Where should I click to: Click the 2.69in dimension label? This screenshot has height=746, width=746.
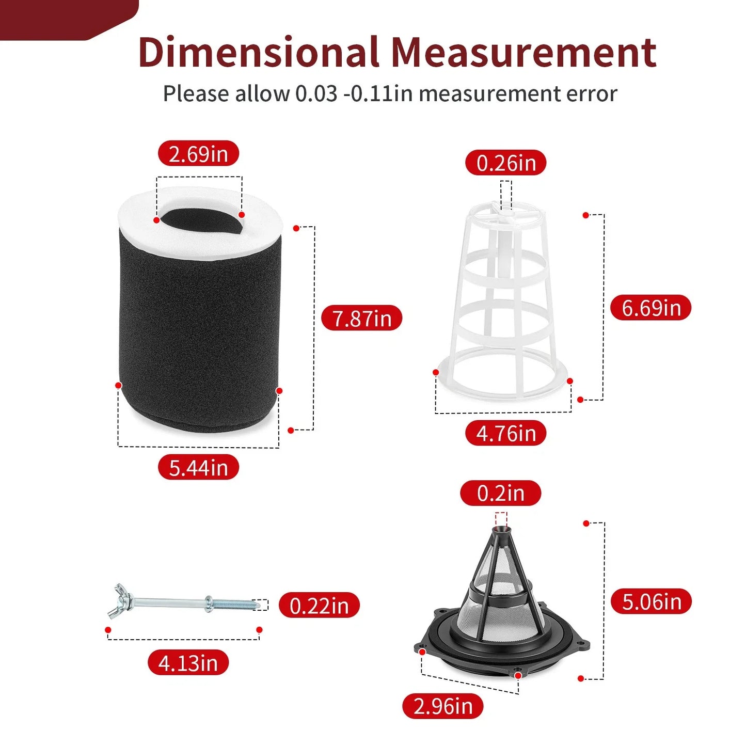(x=198, y=153)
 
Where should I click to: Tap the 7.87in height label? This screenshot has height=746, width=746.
(x=361, y=318)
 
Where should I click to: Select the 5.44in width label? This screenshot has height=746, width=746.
(x=198, y=467)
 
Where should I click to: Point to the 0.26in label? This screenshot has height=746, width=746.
(x=505, y=163)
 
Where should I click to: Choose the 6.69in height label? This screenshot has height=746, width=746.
(x=651, y=307)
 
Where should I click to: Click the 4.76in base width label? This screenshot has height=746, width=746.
(x=505, y=433)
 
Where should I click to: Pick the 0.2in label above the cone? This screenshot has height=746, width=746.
(x=500, y=493)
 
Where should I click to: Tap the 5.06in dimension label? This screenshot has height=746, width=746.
(x=651, y=601)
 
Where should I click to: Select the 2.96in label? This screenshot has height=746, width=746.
(x=443, y=706)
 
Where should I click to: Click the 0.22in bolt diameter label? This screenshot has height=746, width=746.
(x=319, y=605)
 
